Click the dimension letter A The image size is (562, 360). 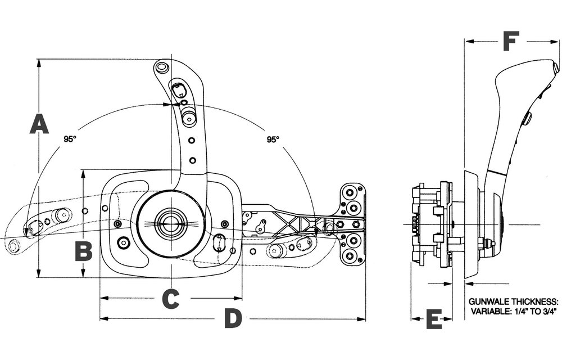(x=39, y=124)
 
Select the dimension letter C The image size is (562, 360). (x=171, y=299)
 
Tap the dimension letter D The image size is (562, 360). (x=233, y=318)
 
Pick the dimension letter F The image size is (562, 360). (x=511, y=41)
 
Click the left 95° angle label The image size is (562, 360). (x=70, y=139)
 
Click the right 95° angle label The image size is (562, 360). (x=273, y=139)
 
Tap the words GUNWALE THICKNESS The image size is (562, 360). (x=513, y=301)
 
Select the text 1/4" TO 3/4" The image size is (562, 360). (x=533, y=311)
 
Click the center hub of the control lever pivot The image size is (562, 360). (x=171, y=224)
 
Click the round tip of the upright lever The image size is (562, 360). (x=162, y=67)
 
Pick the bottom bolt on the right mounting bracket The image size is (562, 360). (x=348, y=256)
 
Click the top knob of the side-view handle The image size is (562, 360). (x=555, y=67)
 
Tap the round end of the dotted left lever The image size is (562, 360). (x=15, y=246)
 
